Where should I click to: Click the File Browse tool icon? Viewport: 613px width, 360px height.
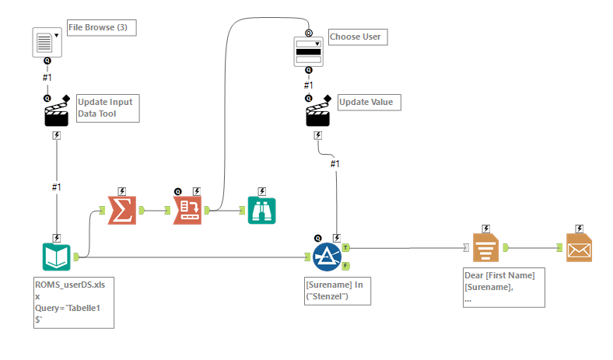(x=47, y=42)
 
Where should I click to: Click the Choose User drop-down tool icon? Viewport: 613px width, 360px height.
(x=309, y=51)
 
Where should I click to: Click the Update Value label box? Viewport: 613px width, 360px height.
(x=369, y=103)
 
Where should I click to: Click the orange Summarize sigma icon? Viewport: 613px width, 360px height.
(x=122, y=210)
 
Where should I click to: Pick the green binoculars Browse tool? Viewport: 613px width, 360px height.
(x=261, y=211)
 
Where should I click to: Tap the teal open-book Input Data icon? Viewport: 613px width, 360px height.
(x=56, y=257)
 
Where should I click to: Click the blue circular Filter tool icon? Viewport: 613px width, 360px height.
(x=327, y=257)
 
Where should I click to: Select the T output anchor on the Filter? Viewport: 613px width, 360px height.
(x=345, y=247)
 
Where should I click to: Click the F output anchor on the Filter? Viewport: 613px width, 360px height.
(x=345, y=266)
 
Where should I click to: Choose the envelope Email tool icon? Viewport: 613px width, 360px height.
(x=579, y=248)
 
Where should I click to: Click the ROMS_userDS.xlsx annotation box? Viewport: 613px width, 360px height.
(x=74, y=303)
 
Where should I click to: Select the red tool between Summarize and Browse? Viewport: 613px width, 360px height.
(x=187, y=210)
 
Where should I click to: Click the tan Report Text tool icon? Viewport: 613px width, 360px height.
(x=485, y=248)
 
